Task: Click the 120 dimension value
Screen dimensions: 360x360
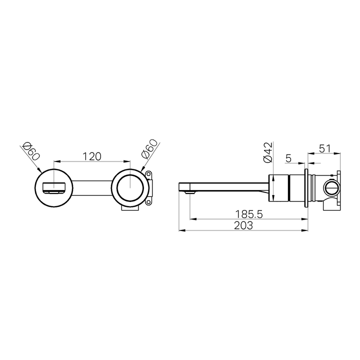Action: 91,156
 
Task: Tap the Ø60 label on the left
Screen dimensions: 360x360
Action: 30,150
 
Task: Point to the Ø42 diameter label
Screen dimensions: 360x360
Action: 268,152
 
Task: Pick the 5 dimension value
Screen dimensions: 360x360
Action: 288,158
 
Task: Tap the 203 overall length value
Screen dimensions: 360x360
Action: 243,225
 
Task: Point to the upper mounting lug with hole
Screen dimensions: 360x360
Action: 148,174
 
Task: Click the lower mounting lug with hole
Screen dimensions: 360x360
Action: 148,202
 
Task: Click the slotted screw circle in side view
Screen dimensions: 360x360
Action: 330,188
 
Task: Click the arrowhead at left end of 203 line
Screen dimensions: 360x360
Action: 181,230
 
